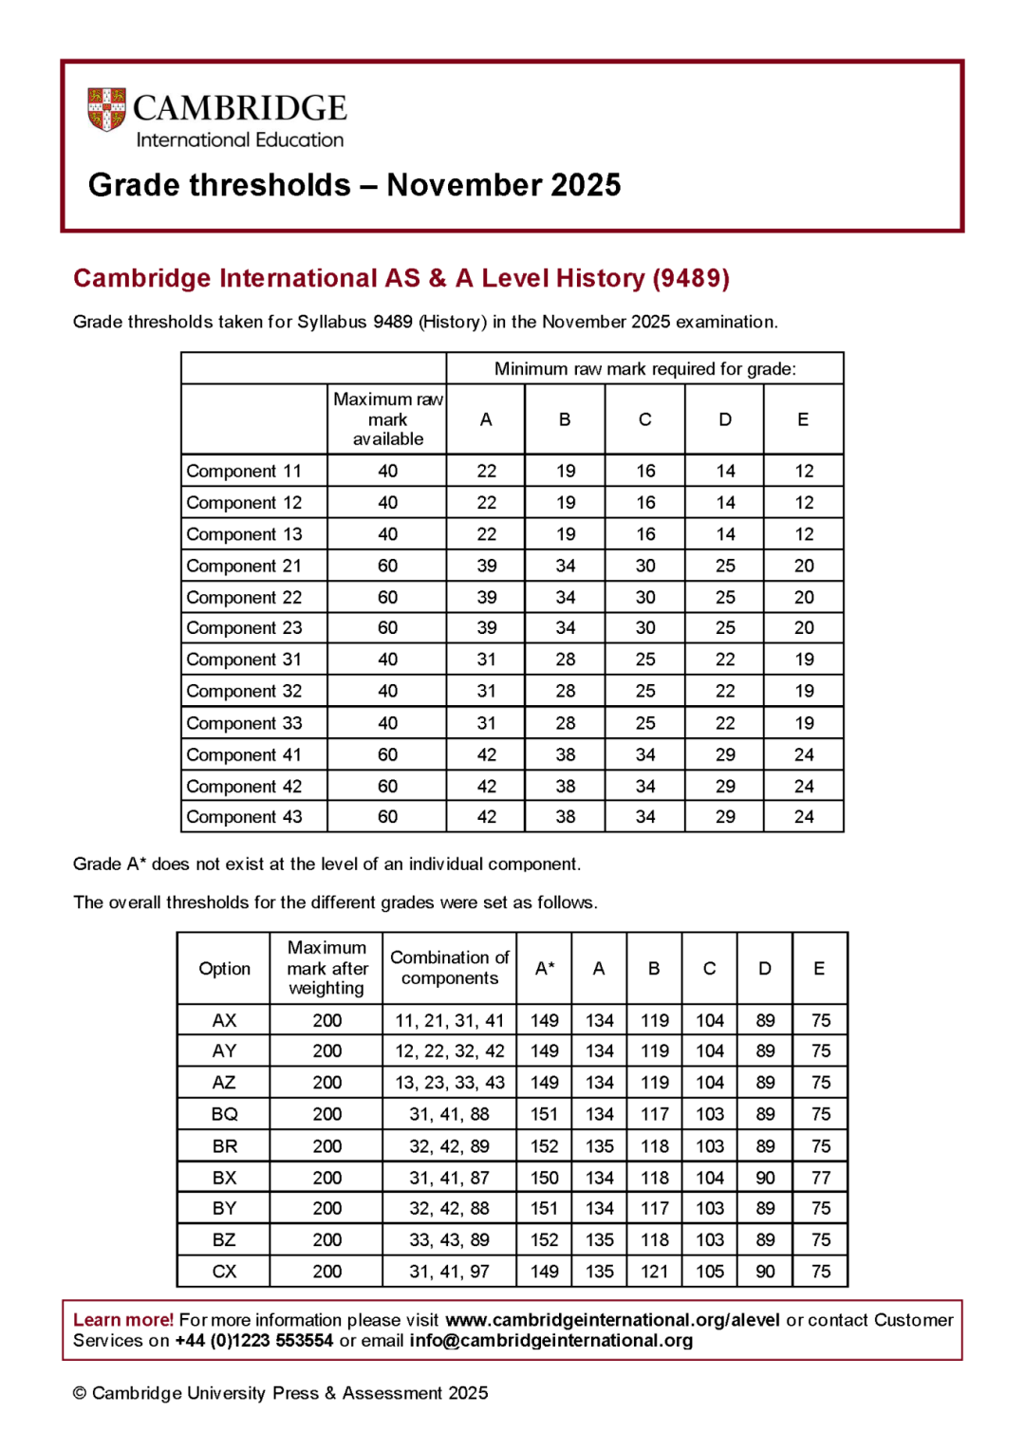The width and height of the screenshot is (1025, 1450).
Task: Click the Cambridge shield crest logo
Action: point(106,109)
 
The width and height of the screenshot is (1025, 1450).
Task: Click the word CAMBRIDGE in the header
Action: point(239,108)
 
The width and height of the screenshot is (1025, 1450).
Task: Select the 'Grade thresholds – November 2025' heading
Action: point(354,184)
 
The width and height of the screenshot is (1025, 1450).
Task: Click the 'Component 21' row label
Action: point(244,566)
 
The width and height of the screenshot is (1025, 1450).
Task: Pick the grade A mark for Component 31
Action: point(486,660)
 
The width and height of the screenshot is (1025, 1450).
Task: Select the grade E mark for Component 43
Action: point(804,817)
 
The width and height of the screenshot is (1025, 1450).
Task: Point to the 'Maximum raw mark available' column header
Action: point(387,419)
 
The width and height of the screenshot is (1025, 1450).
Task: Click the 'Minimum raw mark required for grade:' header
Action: point(644,369)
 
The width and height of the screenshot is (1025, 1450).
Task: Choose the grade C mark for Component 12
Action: point(645,503)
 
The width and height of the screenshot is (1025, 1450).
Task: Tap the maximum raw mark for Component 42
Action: point(387,787)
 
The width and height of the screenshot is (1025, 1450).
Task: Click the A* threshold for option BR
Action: point(544,1146)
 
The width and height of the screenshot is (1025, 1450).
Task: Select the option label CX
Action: point(224,1272)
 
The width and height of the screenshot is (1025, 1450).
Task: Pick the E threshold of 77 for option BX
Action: point(820,1178)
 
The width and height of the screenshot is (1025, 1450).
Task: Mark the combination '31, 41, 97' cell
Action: point(449,1272)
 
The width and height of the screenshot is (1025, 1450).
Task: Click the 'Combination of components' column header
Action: point(449,968)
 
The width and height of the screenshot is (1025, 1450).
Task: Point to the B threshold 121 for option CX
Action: point(654,1272)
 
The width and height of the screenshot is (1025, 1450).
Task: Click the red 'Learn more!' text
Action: point(123,1320)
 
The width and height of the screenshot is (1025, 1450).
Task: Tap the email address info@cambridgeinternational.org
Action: point(550,1341)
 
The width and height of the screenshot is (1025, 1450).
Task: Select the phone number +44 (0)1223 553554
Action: point(254,1341)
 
